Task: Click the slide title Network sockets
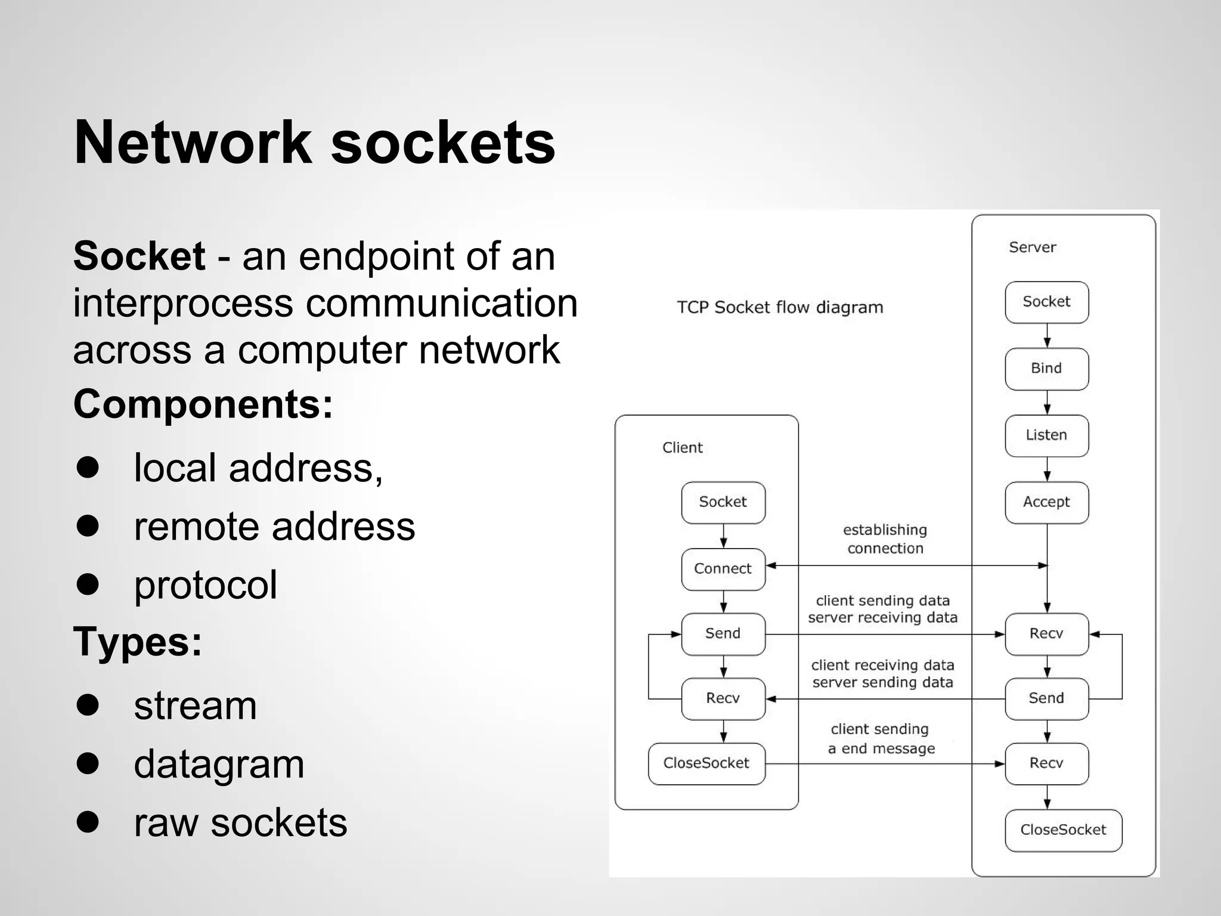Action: [314, 143]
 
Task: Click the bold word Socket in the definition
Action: [139, 256]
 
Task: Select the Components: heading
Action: [203, 404]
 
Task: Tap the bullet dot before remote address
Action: [88, 525]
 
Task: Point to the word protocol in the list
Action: [205, 585]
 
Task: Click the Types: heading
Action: [137, 642]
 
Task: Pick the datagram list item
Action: [219, 764]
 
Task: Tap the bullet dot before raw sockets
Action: [88, 821]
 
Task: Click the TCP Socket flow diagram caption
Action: [780, 307]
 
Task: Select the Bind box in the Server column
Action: [1046, 369]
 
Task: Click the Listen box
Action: [1046, 435]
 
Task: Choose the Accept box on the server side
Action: [1046, 502]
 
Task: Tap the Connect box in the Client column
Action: [723, 569]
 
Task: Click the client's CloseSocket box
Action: [706, 763]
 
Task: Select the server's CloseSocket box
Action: [1063, 830]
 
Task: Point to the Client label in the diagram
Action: [682, 448]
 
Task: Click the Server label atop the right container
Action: [1032, 247]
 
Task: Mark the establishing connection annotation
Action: [885, 539]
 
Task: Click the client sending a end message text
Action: [881, 739]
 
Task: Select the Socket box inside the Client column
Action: [723, 502]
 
